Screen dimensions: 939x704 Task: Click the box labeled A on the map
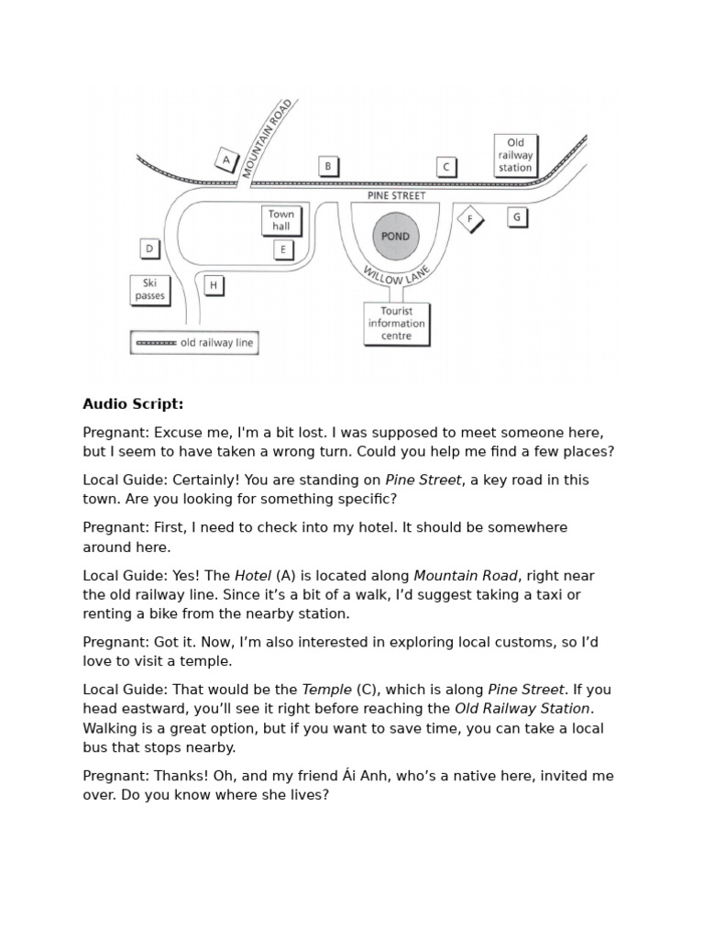tap(225, 160)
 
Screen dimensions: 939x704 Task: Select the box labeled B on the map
tap(328, 166)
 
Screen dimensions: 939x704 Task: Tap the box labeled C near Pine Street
tap(446, 166)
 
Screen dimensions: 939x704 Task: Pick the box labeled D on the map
tap(149, 249)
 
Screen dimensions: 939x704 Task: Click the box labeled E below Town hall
tap(283, 249)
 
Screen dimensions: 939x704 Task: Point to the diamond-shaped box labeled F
tap(470, 219)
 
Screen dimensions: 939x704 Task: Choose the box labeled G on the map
tap(517, 217)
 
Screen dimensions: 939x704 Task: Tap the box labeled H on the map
tap(213, 285)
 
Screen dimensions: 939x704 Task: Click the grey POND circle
tap(396, 237)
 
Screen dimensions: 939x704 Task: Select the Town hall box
tap(280, 221)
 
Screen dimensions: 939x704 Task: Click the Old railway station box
tap(515, 155)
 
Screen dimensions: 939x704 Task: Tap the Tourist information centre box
tap(396, 324)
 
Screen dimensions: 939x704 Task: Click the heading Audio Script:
tap(133, 403)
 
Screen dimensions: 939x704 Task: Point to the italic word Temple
tap(326, 690)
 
